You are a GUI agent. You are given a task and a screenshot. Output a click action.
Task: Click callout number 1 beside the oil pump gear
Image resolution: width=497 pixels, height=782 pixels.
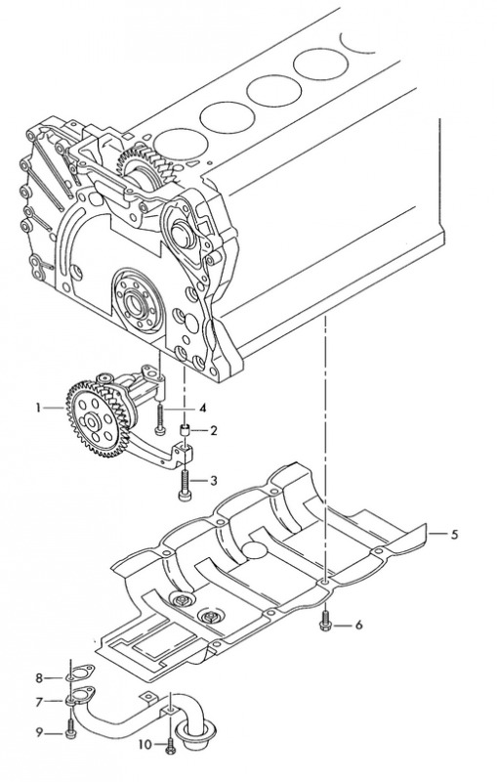pos(38,408)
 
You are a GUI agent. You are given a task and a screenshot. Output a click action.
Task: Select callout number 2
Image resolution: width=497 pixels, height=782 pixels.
pos(213,430)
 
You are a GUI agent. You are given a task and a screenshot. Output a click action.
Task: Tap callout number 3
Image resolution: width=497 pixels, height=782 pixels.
pos(213,481)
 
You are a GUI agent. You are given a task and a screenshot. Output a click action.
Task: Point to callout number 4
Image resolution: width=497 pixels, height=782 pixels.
pos(202,409)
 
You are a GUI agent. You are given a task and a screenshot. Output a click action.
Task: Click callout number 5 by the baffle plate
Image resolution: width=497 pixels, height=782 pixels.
pos(454,535)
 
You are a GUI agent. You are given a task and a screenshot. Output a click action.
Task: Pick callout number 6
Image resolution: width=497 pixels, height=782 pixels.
pos(358,625)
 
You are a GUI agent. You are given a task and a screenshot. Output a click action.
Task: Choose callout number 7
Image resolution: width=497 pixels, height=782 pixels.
pos(39,702)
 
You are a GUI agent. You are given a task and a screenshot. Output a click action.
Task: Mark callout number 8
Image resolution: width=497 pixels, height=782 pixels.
pos(39,677)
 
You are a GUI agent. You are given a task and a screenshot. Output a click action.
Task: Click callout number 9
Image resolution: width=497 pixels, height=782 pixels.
pos(39,732)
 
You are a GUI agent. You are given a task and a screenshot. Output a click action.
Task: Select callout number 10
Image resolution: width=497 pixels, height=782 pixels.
pos(145,745)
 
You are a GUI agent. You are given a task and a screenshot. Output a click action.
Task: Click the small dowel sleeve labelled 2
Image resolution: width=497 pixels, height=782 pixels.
pos(186,429)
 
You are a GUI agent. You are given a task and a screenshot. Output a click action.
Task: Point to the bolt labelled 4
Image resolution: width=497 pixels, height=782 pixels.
pos(159,418)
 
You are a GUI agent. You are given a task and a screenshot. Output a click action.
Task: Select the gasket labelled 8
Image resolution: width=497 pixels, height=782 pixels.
pos(80,673)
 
